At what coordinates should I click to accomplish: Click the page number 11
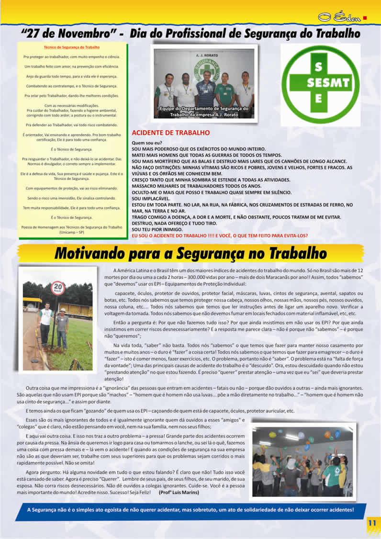(371, 523)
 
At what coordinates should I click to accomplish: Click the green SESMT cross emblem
(321, 85)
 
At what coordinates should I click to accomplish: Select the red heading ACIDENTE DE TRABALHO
(170, 133)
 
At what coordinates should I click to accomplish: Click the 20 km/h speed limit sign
(57, 288)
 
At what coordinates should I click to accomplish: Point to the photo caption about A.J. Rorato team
(204, 112)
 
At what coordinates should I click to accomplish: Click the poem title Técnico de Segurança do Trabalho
(72, 47)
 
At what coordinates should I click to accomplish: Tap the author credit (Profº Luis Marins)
(180, 492)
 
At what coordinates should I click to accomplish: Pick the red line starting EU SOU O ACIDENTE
(220, 236)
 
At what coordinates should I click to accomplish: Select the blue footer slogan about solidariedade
(190, 510)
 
